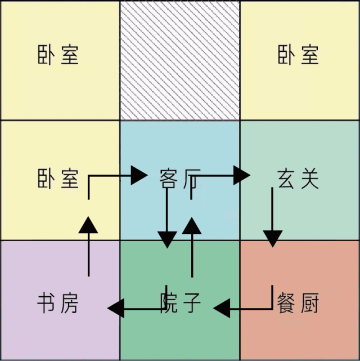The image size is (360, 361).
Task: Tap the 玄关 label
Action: tap(298, 179)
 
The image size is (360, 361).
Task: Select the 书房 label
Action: tap(58, 303)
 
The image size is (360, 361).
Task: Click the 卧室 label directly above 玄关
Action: tap(298, 55)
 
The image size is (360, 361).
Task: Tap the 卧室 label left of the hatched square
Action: tap(58, 55)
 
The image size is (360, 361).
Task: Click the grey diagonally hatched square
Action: tap(180, 60)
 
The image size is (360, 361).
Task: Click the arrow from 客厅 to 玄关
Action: tap(225, 176)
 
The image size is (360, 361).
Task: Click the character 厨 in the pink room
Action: tap(309, 303)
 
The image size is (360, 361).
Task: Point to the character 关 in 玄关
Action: tap(309, 179)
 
